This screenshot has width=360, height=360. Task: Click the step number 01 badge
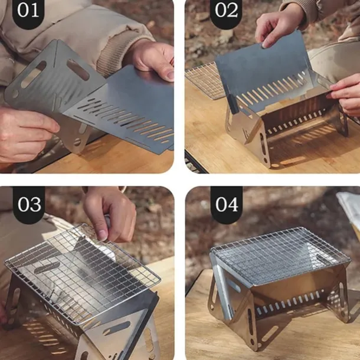coord(28,12)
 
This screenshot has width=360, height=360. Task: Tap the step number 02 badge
coord(226,12)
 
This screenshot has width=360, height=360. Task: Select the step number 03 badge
coord(29,204)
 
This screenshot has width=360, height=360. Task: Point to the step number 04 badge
coord(227,204)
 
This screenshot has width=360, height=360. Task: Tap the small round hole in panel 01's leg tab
coord(77,142)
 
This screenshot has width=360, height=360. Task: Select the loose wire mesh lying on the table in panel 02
coord(205,81)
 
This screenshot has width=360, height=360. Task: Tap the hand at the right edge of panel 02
coord(345,94)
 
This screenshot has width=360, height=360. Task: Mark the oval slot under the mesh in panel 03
coord(47,268)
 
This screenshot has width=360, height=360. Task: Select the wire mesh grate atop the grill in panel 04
coord(280,257)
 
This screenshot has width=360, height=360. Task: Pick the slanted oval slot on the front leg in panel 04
coord(269,333)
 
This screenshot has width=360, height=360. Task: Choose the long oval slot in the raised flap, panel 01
coord(77,70)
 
